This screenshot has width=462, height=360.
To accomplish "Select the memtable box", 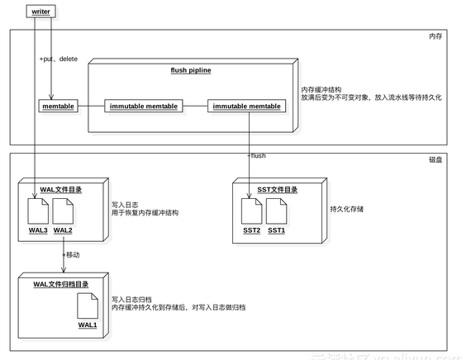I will tap(57, 106).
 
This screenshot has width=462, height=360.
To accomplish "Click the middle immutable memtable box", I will tap(143, 106).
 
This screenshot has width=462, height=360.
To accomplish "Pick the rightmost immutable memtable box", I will tap(246, 106).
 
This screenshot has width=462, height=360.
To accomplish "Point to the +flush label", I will tap(256, 155).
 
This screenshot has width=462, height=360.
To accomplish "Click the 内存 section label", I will tap(435, 36).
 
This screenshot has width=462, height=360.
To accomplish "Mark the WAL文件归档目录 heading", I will tap(62, 284).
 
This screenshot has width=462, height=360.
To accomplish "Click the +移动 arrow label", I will tap(72, 255).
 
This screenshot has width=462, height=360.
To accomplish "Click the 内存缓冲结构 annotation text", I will tap(323, 88).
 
